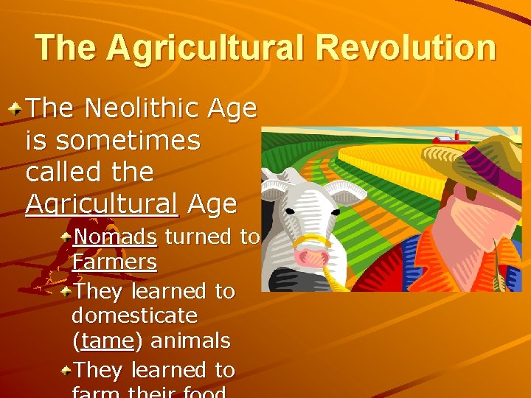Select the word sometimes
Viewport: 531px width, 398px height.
tap(113, 140)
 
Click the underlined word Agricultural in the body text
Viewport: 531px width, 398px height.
tap(101, 203)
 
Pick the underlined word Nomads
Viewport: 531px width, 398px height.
tap(115, 237)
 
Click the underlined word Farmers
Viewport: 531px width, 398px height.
tap(114, 262)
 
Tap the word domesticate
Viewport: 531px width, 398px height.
tap(135, 316)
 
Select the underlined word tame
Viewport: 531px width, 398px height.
tap(108, 341)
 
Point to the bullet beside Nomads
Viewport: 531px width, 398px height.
tap(66, 237)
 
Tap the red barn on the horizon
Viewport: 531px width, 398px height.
tap(447, 138)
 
